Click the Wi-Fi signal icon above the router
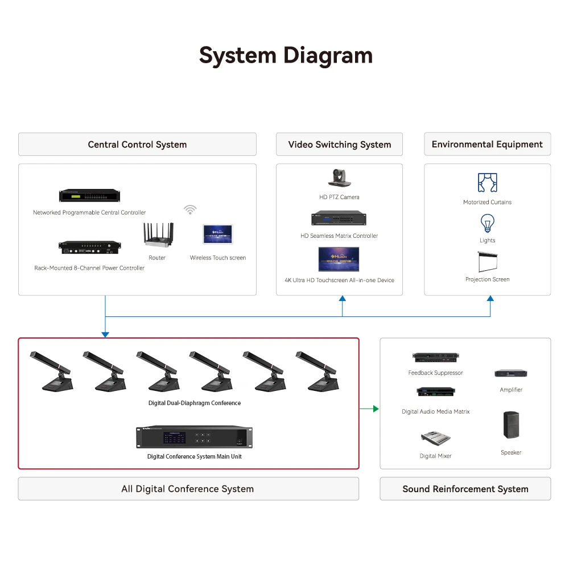click(x=190, y=210)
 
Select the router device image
click(x=159, y=235)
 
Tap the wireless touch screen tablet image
click(x=218, y=234)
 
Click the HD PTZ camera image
click(x=339, y=178)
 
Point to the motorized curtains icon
click(x=488, y=183)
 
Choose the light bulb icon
click(x=488, y=223)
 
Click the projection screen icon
click(x=488, y=262)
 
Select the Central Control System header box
click(x=137, y=145)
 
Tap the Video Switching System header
click(x=339, y=145)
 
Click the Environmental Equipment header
click(x=488, y=144)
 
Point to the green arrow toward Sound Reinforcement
click(x=369, y=409)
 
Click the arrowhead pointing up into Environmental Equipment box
click(x=490, y=298)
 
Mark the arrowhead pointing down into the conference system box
click(x=105, y=335)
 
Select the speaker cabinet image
click(x=511, y=425)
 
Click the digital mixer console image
click(x=435, y=438)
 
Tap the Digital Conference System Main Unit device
click(x=194, y=437)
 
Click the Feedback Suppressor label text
click(x=435, y=373)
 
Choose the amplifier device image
click(x=511, y=373)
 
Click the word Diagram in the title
click(x=328, y=56)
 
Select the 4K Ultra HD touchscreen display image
click(x=339, y=259)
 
